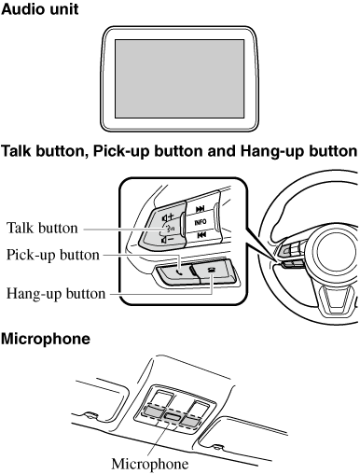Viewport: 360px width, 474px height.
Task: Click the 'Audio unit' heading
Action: point(40,9)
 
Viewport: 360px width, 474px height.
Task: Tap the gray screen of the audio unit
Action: point(180,78)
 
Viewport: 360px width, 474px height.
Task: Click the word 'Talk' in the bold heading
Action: point(16,151)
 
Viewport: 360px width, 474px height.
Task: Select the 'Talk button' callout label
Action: point(42,228)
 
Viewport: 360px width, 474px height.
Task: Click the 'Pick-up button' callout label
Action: point(53,255)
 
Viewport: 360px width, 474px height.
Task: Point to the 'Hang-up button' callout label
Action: point(56,294)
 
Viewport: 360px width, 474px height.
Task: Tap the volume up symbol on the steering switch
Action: point(168,216)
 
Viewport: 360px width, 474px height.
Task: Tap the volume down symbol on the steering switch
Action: point(168,240)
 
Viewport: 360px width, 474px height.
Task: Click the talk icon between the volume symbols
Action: point(170,229)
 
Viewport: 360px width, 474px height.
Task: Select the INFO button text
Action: point(201,222)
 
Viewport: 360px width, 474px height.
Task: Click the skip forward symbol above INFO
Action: point(200,209)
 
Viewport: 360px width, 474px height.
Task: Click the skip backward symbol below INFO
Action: point(201,235)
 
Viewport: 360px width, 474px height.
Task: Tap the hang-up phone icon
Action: point(212,270)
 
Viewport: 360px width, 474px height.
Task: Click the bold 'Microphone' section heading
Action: point(46,339)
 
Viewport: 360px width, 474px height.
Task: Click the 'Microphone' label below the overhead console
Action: point(150,464)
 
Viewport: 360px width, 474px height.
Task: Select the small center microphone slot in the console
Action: point(173,416)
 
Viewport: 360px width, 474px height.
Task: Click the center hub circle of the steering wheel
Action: point(335,254)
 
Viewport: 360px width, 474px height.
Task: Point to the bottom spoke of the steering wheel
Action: point(337,300)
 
